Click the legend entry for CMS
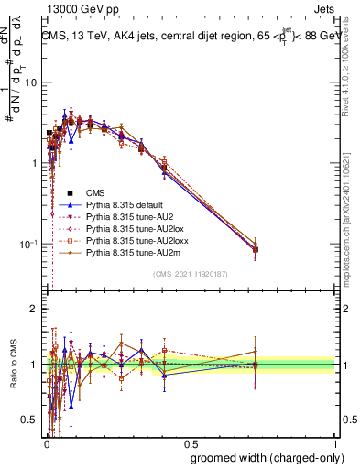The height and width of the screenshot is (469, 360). [x=95, y=192]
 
